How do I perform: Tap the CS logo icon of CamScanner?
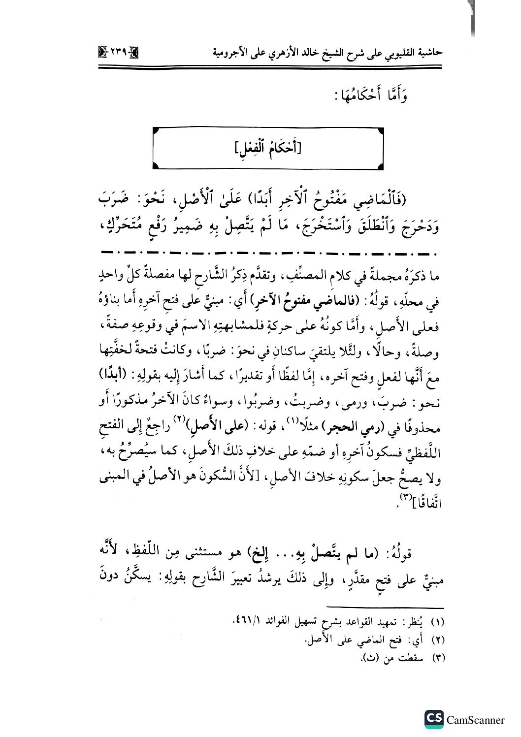pos(434,719)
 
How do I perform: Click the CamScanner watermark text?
pos(475,720)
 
